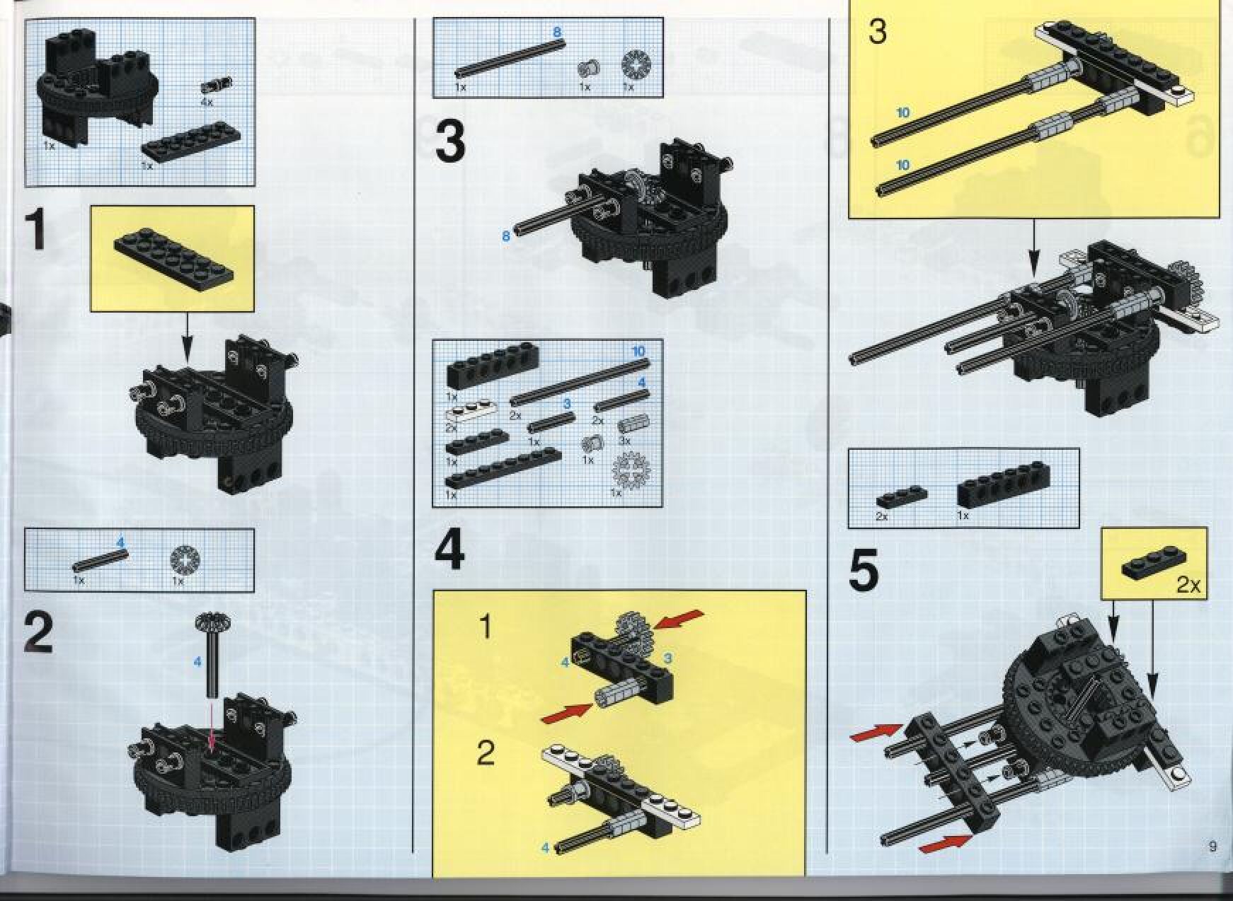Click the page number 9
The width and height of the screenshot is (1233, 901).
[x=1212, y=846]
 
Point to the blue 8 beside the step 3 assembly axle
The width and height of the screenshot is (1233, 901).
[x=505, y=236]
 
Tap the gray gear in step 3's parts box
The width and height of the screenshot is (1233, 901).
[x=635, y=64]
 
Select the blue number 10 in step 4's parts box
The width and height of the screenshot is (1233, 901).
[x=638, y=351]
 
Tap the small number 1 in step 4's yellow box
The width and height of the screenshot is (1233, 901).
[x=486, y=627]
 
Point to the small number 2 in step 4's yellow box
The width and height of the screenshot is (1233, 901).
[x=486, y=754]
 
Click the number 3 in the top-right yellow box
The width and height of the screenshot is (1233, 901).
[x=877, y=32]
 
